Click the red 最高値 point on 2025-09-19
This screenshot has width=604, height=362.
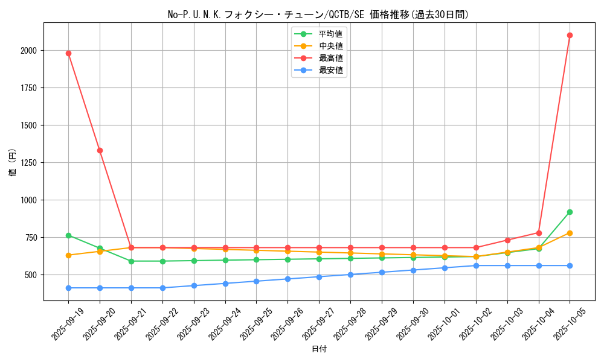coord(68,53)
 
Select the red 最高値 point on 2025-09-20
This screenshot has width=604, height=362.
coord(100,150)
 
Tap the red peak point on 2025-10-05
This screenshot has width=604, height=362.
coord(570,35)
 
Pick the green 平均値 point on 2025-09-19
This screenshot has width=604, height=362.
coord(68,235)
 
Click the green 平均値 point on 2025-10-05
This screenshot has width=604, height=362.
coord(570,212)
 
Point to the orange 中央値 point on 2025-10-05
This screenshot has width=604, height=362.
coord(570,233)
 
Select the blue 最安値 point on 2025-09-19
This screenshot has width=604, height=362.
coord(68,288)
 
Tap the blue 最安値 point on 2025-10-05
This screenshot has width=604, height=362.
coord(570,265)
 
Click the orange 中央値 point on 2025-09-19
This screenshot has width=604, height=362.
coord(68,255)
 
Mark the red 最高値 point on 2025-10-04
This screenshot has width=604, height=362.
coord(539,233)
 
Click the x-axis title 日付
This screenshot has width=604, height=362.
coord(319,349)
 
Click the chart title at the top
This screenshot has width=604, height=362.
coord(319,14)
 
